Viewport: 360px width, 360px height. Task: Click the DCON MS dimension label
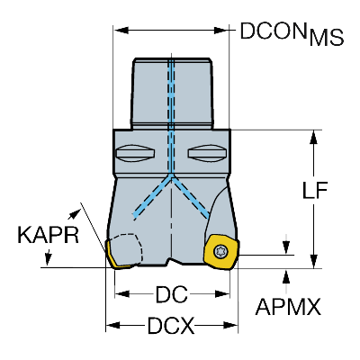[292, 33]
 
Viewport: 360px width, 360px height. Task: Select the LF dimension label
[314, 190]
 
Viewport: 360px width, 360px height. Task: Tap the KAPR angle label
[49, 235]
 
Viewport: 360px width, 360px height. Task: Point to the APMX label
[288, 307]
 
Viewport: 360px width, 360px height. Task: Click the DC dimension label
[171, 293]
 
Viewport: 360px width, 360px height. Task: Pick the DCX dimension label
[171, 325]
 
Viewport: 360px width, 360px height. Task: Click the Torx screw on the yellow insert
[220, 252]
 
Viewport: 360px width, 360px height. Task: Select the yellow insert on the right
[221, 253]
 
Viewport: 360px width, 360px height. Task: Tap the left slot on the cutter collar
[135, 153]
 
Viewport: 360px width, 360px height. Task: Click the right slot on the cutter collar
[207, 153]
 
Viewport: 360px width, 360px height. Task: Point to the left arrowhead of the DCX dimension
[112, 325]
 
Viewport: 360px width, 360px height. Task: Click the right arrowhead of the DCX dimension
[230, 325]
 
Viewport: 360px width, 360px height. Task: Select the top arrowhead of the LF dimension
[314, 138]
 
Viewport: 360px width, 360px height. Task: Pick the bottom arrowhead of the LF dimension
[314, 261]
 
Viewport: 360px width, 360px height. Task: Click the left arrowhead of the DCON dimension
[121, 30]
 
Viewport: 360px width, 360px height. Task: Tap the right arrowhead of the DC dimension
[222, 293]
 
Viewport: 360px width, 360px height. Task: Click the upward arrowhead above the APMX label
[286, 276]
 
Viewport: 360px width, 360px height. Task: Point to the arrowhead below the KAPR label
[48, 259]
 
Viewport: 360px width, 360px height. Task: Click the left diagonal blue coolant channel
[152, 197]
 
